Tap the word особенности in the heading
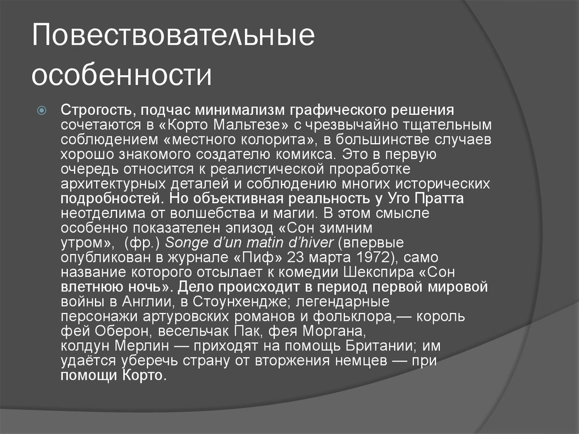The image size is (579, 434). tap(122, 75)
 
